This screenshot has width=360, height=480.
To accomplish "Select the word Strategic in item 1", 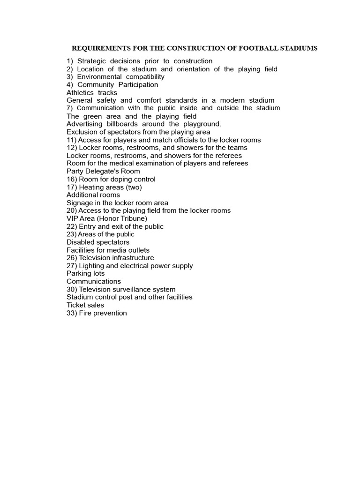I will click(92, 61).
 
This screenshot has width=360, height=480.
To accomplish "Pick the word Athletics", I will click(80, 93).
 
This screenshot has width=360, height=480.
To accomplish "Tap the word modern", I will click(220, 100).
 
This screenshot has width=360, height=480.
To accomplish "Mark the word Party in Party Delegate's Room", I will click(75, 172).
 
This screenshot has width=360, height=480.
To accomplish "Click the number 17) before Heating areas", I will click(72, 187).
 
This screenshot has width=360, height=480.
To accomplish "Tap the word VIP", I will click(73, 219).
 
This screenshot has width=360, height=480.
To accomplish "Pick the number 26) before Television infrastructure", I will click(72, 258).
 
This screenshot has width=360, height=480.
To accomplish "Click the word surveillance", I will click(134, 290).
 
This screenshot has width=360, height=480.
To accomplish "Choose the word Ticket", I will click(75, 305).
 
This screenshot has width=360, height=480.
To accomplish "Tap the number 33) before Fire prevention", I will click(72, 313).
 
